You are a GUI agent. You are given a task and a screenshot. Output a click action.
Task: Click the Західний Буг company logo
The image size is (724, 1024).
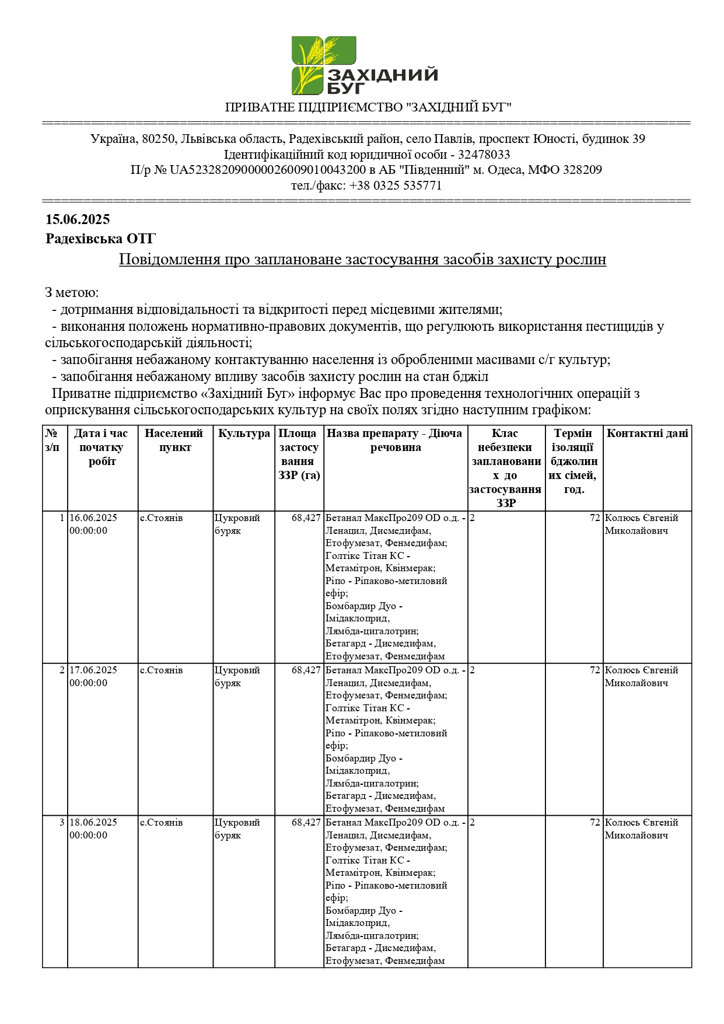coord(364,65)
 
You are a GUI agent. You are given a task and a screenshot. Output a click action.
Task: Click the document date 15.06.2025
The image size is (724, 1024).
coord(78,219)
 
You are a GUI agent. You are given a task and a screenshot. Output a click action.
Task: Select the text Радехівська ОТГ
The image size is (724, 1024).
coord(100,239)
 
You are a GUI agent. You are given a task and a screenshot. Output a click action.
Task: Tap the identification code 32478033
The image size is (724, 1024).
coord(484,155)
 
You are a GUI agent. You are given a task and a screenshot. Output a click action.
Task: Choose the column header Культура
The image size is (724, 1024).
coord(244,434)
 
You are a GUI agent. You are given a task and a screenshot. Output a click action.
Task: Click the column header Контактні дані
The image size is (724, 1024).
coord(647,434)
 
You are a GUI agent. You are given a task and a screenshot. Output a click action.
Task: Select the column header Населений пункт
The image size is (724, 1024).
coord(175,441)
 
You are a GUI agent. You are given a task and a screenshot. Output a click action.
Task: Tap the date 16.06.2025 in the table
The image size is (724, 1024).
coord(93,518)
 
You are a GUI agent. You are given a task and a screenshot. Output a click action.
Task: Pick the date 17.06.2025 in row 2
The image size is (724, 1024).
coord(93,670)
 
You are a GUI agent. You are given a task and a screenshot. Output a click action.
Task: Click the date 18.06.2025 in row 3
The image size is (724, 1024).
coord(93,823)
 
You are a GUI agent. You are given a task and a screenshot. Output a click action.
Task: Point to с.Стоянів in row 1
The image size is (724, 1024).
coord(161,518)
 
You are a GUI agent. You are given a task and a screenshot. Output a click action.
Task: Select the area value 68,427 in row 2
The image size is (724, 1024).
coord(306,670)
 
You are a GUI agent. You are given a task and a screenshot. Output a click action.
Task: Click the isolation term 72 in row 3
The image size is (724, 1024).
coord(594,823)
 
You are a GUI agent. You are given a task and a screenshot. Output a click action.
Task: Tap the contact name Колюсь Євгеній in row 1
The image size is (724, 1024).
coord(641,518)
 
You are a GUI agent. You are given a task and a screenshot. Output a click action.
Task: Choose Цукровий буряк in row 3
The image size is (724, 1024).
coord(237,829)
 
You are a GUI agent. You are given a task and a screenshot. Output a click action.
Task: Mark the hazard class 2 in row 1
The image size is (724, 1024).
coord(472,518)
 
